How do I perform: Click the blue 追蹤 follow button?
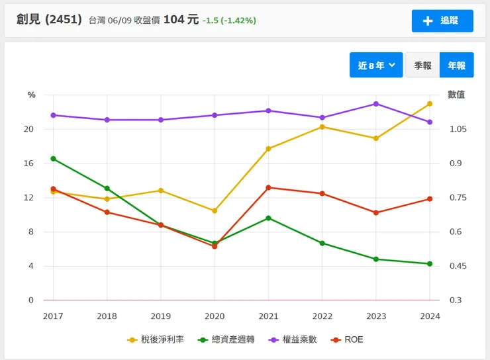[x=442, y=21]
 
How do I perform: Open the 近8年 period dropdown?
[x=376, y=65]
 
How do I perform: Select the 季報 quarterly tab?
[x=422, y=65]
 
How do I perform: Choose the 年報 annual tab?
[x=457, y=65]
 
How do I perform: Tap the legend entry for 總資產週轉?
[x=222, y=339]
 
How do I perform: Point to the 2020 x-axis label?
[x=215, y=316]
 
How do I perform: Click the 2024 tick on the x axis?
[x=430, y=316]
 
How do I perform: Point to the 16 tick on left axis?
[x=28, y=163]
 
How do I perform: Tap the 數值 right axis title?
[x=456, y=95]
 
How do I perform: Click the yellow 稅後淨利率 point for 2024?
[x=430, y=104]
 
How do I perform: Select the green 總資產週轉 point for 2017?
[x=53, y=159]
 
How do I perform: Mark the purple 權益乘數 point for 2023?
[x=376, y=104]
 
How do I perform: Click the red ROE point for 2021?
[x=268, y=188]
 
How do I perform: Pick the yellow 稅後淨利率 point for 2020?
[x=215, y=210]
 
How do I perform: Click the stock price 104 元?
[x=181, y=19]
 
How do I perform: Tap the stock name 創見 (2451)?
[x=49, y=19]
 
